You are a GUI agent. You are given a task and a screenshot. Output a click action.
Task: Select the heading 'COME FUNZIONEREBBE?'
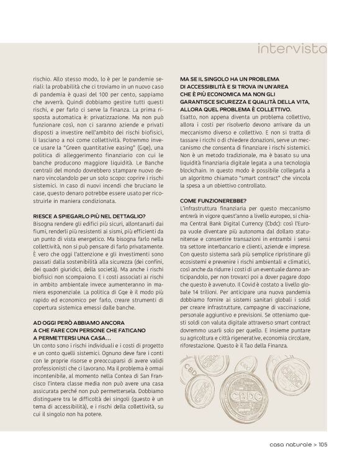[x=213, y=200]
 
